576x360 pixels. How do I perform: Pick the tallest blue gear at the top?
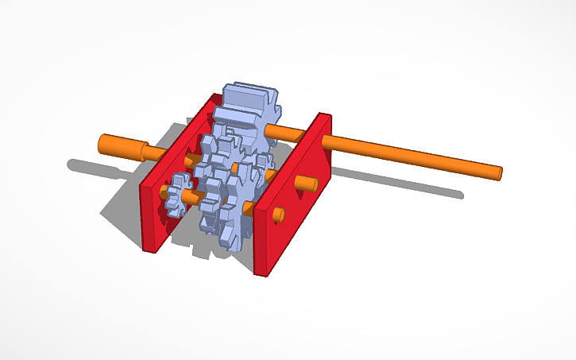[x=248, y=103]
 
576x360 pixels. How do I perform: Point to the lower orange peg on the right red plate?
[x=280, y=215]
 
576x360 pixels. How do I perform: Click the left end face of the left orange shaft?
[x=101, y=145]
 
